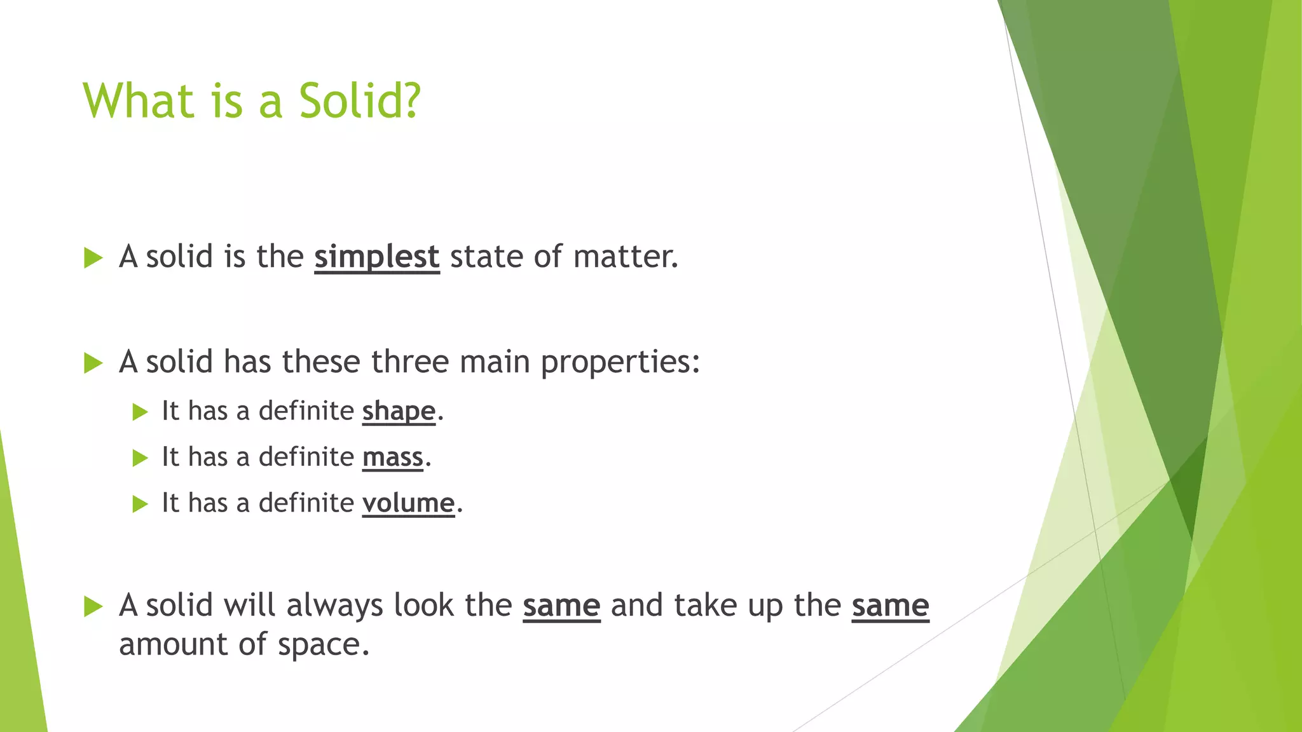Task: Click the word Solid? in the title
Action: point(359,101)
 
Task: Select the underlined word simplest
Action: point(376,257)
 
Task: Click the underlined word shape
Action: point(399,412)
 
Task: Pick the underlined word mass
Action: point(392,457)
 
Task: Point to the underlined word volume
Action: point(408,503)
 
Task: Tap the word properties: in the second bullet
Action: point(620,362)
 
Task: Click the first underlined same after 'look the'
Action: point(561,606)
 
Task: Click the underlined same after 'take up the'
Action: point(890,606)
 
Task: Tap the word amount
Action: point(173,644)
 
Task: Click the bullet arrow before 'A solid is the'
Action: point(93,259)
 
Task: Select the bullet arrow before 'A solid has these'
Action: point(93,363)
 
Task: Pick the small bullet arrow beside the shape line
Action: point(140,412)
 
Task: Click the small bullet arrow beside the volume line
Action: point(140,505)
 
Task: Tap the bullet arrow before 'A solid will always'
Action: point(93,607)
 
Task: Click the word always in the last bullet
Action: point(334,606)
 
